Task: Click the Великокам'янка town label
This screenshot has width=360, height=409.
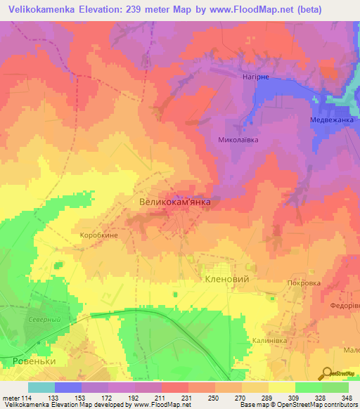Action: (x=174, y=202)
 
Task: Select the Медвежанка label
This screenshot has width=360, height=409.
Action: (x=332, y=120)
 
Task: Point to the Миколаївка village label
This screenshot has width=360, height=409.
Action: (x=238, y=140)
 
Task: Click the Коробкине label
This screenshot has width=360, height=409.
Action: (x=100, y=237)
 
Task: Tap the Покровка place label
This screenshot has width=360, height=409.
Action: (x=304, y=283)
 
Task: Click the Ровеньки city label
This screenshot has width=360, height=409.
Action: (x=34, y=361)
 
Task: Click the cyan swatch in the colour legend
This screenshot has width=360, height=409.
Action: (x=41, y=387)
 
